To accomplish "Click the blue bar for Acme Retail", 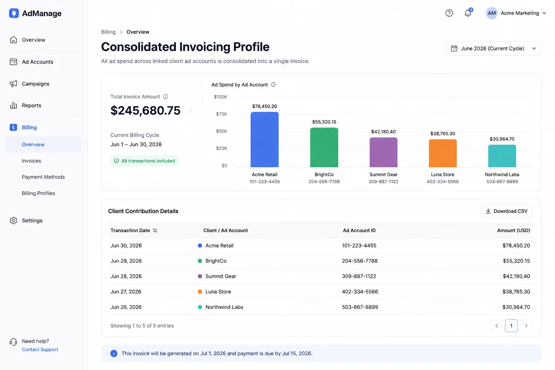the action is pyautogui.click(x=264, y=139).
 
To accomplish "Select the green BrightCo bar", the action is pyautogui.click(x=324, y=147).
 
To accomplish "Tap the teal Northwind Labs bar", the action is pyautogui.click(x=502, y=156).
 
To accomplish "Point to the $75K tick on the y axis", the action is pyautogui.click(x=221, y=114).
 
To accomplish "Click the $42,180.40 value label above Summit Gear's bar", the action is pyautogui.click(x=383, y=132).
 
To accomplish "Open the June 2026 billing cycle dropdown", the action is pyautogui.click(x=493, y=48).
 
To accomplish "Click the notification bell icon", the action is pyautogui.click(x=468, y=13).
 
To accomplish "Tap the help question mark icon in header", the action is pyautogui.click(x=449, y=13).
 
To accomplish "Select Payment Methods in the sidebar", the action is pyautogui.click(x=43, y=177).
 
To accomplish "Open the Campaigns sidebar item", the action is pyautogui.click(x=35, y=83).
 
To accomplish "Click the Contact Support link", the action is pyautogui.click(x=40, y=349).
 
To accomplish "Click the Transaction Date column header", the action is pyautogui.click(x=130, y=230).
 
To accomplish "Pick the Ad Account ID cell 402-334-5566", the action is pyautogui.click(x=360, y=292).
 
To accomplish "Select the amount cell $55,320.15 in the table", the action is pyautogui.click(x=516, y=261).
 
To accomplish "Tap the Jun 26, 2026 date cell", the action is pyautogui.click(x=126, y=307).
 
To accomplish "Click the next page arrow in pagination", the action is pyautogui.click(x=526, y=326).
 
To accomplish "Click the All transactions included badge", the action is pyautogui.click(x=145, y=161).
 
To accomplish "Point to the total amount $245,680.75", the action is pyautogui.click(x=146, y=110).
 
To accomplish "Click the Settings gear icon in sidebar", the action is pyautogui.click(x=13, y=220).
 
